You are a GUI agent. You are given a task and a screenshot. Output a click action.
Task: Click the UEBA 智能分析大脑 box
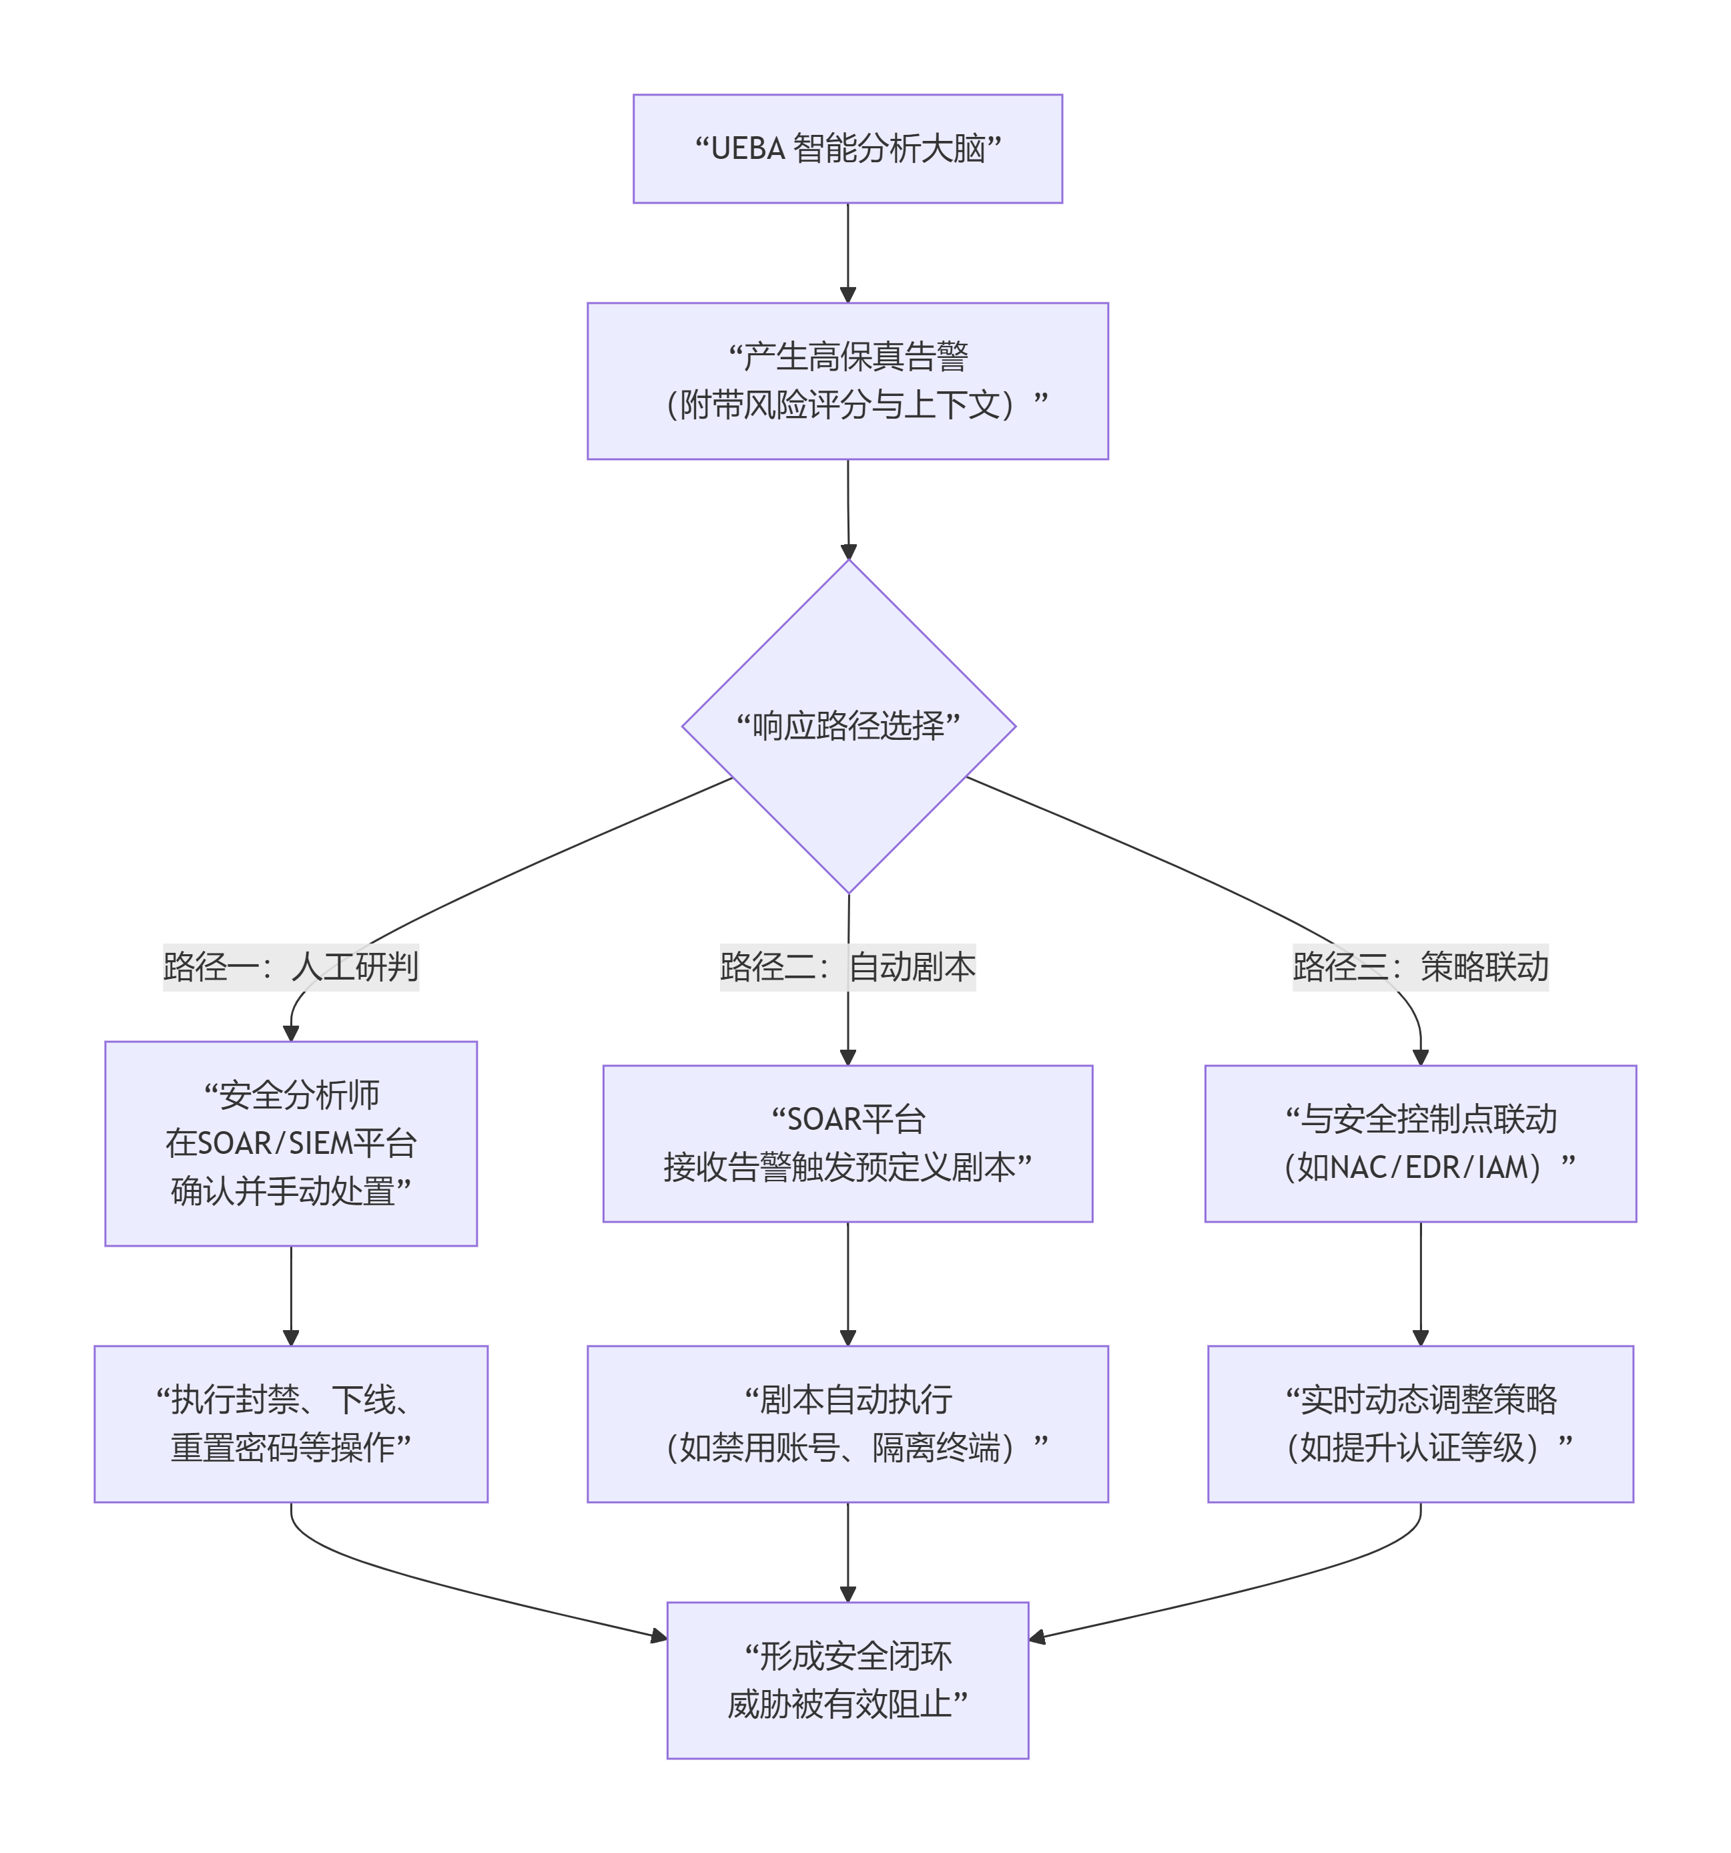pyautogui.click(x=847, y=148)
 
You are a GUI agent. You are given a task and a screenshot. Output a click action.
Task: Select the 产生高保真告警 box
pyautogui.click(x=847, y=381)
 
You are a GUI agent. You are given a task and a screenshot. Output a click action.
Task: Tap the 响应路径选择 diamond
pyautogui.click(x=847, y=725)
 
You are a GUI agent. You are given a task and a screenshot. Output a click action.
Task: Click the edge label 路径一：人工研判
pyautogui.click(x=291, y=966)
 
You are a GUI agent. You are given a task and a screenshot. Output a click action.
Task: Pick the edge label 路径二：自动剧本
pyautogui.click(x=847, y=966)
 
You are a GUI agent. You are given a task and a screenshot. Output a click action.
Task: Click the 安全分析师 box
pyautogui.click(x=291, y=1143)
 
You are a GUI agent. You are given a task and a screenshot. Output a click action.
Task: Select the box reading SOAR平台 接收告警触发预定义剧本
pyautogui.click(x=847, y=1143)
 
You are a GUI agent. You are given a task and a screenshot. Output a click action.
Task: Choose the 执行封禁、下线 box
pyautogui.click(x=291, y=1424)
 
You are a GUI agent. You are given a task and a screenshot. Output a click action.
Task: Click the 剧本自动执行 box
pyautogui.click(x=847, y=1424)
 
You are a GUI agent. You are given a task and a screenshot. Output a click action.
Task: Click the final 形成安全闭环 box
pyautogui.click(x=847, y=1679)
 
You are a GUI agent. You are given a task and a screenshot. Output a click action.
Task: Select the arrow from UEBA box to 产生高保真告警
pyautogui.click(x=847, y=252)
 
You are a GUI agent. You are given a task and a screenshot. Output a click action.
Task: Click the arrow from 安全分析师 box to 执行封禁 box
pyautogui.click(x=291, y=1295)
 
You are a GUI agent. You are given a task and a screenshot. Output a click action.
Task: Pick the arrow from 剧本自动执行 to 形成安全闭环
pyautogui.click(x=847, y=1552)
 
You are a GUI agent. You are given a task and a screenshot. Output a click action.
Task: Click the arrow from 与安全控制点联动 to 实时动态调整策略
pyautogui.click(x=1420, y=1283)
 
